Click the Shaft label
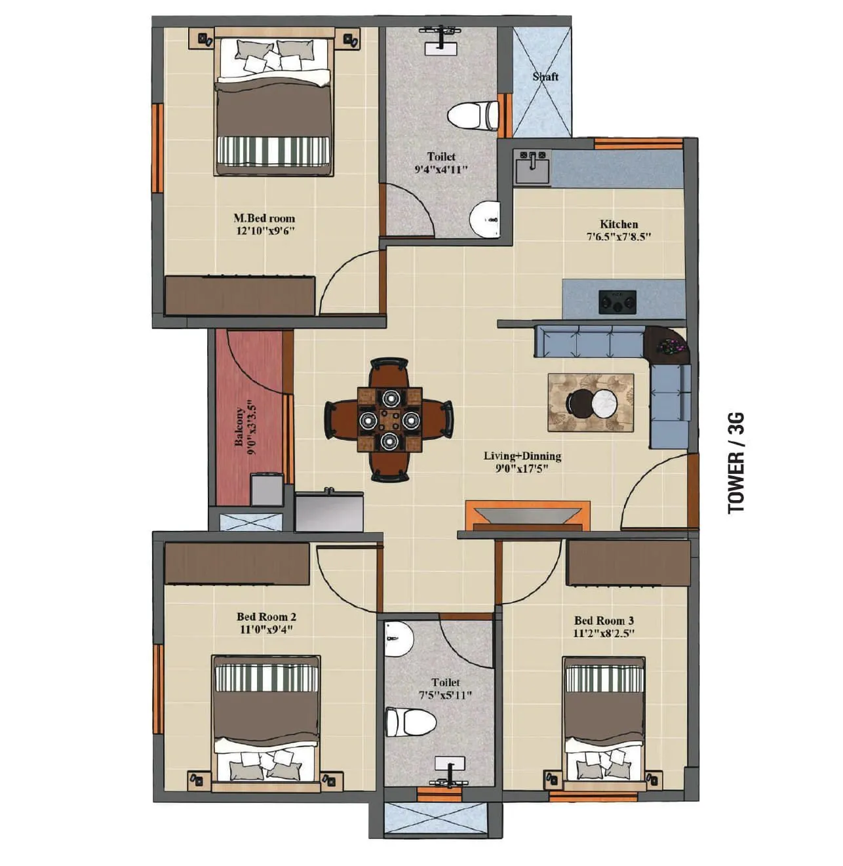click(545, 77)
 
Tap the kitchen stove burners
click(617, 302)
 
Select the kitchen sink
click(532, 167)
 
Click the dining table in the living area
click(389, 419)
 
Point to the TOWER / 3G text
click(737, 463)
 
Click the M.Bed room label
click(264, 218)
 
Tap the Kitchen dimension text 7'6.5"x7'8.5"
click(619, 237)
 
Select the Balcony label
click(240, 427)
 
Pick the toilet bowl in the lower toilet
click(411, 721)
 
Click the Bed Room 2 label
click(266, 616)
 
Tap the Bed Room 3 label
click(604, 620)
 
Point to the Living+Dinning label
click(522, 456)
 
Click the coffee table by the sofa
click(591, 403)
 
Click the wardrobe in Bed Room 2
click(237, 562)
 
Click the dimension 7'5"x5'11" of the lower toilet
click(445, 695)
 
